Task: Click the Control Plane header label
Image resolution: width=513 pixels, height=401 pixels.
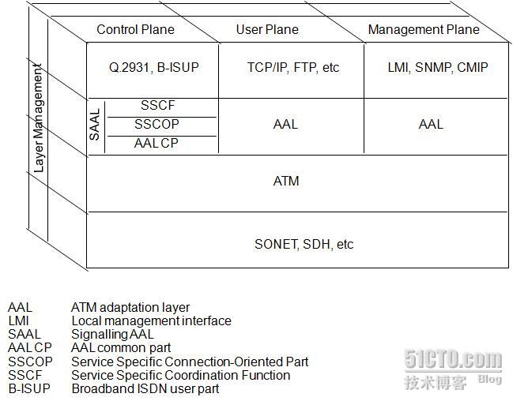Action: tap(135, 29)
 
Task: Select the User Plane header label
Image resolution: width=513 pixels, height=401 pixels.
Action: tap(267, 29)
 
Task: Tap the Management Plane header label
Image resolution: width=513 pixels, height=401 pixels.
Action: tap(423, 29)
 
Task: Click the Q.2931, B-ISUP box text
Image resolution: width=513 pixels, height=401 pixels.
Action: tap(154, 68)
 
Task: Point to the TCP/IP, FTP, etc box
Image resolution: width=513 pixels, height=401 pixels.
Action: tap(292, 68)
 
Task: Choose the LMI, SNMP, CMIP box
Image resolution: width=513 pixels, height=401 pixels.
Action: tap(437, 68)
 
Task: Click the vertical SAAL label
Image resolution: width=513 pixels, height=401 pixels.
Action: tap(95, 126)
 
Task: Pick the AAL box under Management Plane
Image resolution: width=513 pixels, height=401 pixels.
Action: tap(431, 124)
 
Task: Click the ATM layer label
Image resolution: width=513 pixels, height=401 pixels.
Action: tap(286, 181)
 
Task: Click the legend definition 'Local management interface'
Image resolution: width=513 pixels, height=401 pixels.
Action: tap(151, 320)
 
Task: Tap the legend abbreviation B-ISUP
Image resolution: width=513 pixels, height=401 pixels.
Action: tap(28, 388)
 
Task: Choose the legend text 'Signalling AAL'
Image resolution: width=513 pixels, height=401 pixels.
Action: tap(112, 334)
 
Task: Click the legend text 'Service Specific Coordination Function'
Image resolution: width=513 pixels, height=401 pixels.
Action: tap(180, 374)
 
